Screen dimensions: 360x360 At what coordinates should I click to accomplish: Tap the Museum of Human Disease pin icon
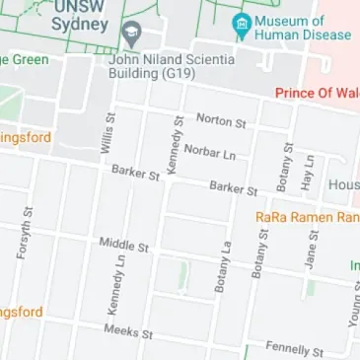click(239, 22)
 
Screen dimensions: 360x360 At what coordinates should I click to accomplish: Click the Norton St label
click(220, 120)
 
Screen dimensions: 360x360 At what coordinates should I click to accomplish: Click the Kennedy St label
click(176, 146)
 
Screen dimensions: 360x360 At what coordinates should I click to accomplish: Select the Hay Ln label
click(308, 171)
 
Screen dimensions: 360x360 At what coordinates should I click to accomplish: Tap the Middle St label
click(123, 244)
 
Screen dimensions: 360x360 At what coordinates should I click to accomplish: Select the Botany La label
click(222, 267)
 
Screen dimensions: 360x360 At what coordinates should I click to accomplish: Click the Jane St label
click(313, 247)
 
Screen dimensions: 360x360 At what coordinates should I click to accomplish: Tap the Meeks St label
click(128, 331)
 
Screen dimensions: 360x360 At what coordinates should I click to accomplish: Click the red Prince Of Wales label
click(317, 94)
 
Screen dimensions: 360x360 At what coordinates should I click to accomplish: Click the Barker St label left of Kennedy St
click(135, 173)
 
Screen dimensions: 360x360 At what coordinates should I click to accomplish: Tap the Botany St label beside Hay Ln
click(287, 165)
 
